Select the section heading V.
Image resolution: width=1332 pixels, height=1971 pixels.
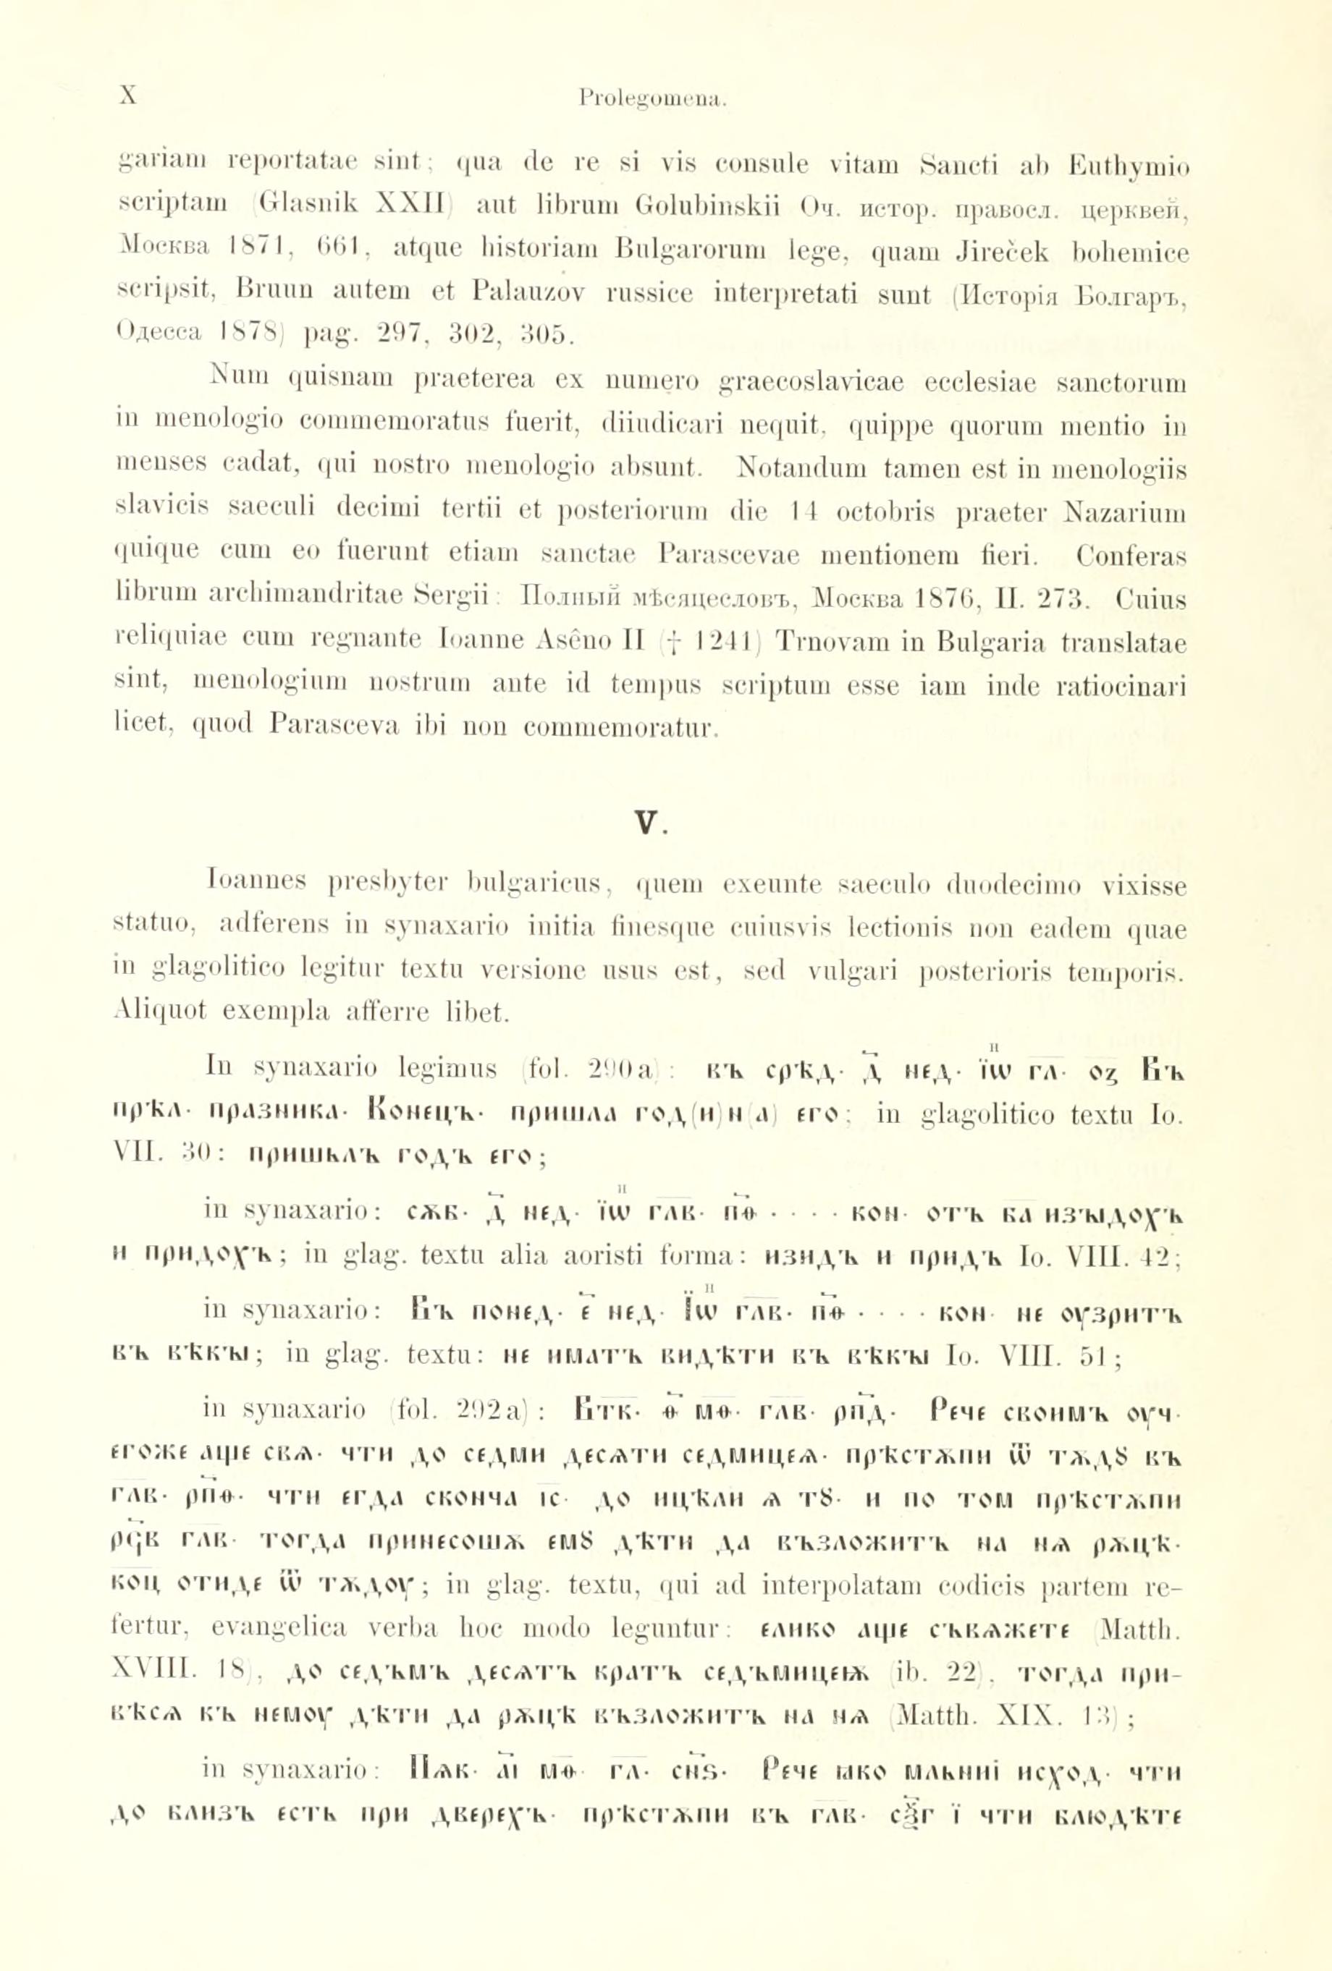(x=647, y=823)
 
